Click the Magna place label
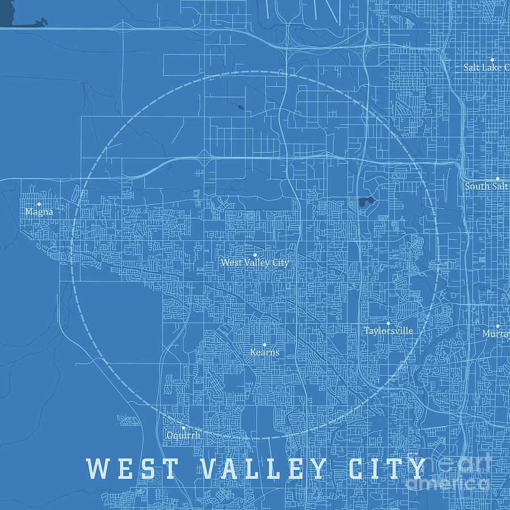point(39,212)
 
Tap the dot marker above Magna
point(39,204)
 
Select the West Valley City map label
point(254,263)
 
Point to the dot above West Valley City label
point(254,255)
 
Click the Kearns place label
point(265,352)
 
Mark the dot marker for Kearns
point(265,345)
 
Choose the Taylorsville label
point(388,331)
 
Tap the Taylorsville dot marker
point(388,323)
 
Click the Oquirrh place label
point(183,436)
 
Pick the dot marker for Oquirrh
point(184,428)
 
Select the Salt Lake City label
point(486,67)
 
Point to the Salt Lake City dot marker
point(492,59)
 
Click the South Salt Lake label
point(487,186)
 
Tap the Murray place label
point(496,334)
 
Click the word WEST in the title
point(132,469)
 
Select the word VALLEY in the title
point(264,469)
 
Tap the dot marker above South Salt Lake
point(498,178)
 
